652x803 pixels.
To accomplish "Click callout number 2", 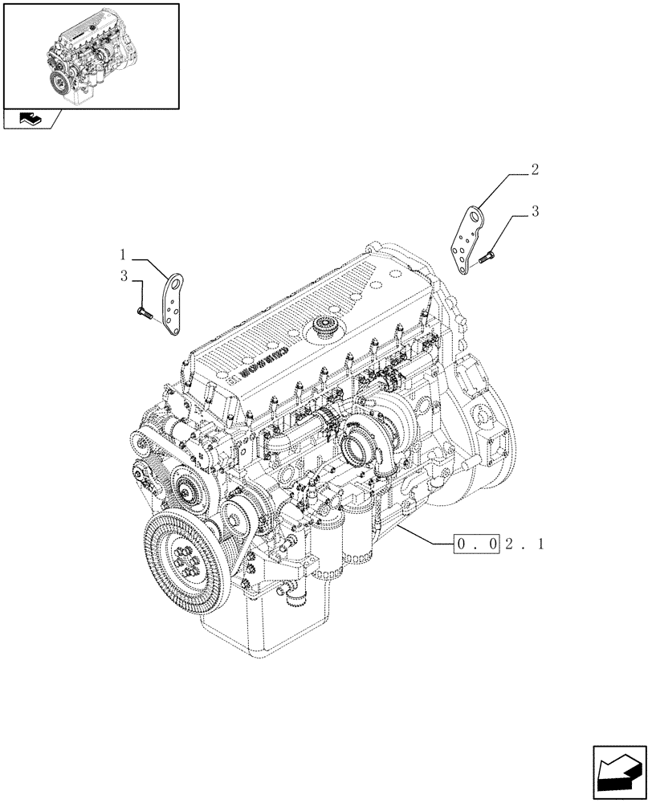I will (535, 170).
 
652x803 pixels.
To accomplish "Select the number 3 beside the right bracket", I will (535, 212).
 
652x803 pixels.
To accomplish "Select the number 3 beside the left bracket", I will (124, 276).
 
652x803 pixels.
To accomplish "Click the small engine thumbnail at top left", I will (90, 55).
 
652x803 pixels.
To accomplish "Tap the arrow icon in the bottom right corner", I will (617, 770).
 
